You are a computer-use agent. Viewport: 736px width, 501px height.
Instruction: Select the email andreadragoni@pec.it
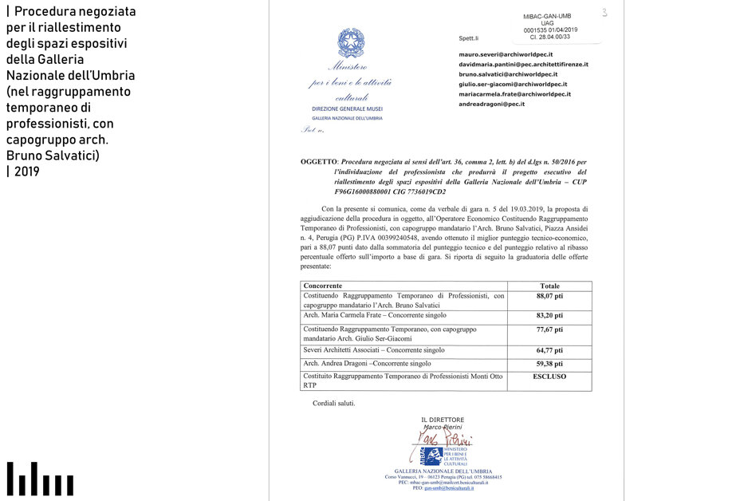click(x=491, y=104)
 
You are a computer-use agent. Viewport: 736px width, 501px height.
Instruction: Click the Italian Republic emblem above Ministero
click(x=349, y=43)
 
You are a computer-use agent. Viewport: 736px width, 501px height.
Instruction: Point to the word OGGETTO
click(x=319, y=161)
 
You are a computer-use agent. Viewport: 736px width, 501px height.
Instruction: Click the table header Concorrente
click(x=323, y=286)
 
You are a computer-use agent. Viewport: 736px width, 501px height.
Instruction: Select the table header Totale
click(x=549, y=286)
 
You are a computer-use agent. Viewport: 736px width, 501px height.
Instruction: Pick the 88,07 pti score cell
click(x=549, y=296)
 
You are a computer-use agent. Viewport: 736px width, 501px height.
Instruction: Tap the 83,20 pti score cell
click(x=549, y=315)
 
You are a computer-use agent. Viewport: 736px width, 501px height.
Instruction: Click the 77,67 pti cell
click(x=549, y=329)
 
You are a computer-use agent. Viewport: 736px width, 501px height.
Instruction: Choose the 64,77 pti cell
click(x=549, y=349)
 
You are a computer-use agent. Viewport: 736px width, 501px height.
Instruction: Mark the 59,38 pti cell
click(x=549, y=363)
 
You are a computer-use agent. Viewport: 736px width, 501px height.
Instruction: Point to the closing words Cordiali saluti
click(x=333, y=403)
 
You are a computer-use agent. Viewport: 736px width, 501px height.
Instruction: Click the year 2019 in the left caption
click(x=26, y=171)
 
